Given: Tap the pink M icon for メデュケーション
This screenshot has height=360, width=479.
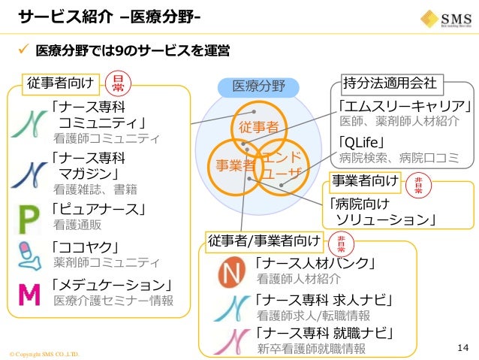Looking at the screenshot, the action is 29,294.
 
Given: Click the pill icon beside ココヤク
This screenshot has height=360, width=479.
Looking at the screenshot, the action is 29,255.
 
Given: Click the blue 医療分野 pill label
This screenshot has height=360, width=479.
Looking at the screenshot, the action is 259,86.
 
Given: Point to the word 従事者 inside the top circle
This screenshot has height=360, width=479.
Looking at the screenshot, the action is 258,127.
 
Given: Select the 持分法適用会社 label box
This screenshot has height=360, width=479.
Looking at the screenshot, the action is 392,81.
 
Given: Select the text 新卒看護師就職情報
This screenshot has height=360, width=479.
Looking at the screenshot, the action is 311,349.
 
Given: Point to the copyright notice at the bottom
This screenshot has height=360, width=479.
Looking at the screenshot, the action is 43,353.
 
